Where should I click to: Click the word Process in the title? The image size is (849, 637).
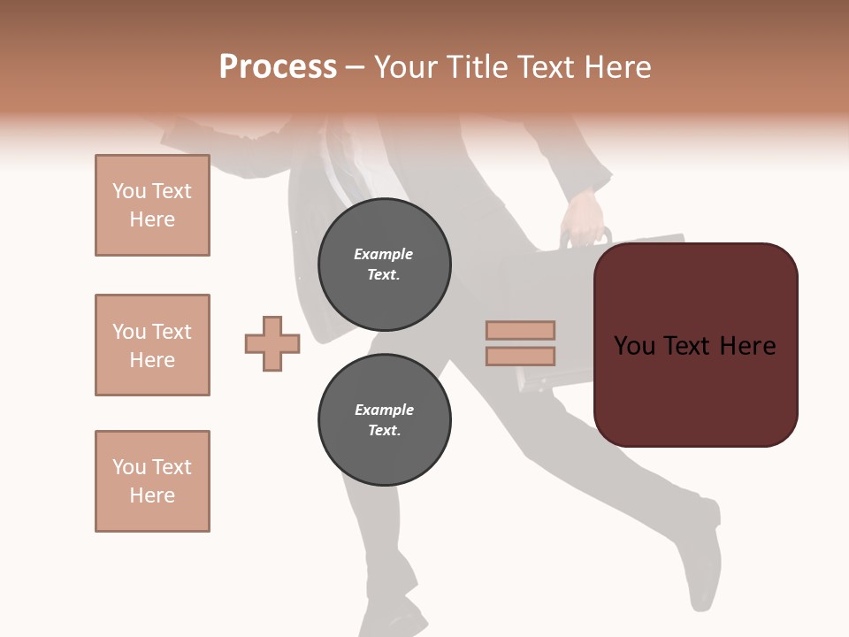(x=278, y=67)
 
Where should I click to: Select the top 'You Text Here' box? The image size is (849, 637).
(x=152, y=205)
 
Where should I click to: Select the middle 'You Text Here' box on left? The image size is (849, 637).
(x=152, y=345)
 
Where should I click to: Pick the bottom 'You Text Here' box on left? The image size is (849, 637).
(x=152, y=481)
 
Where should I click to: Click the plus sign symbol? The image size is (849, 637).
(x=272, y=343)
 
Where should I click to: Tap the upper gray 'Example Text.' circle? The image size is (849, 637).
(x=384, y=265)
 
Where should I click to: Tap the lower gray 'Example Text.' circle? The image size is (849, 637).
(x=384, y=420)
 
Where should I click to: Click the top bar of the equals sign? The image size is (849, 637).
(x=520, y=331)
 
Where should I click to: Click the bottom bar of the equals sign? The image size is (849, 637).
(x=520, y=356)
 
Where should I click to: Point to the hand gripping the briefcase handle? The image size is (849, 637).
(x=584, y=218)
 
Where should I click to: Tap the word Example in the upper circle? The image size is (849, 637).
(x=384, y=254)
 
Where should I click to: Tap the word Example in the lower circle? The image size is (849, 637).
(x=384, y=410)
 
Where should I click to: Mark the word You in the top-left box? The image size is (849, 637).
(x=128, y=191)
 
